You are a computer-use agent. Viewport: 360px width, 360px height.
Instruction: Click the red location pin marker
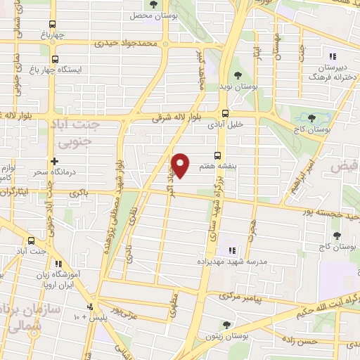click(x=181, y=165)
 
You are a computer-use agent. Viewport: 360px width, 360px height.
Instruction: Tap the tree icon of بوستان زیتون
click(x=226, y=324)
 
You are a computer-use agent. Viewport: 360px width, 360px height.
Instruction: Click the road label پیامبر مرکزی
click(x=239, y=297)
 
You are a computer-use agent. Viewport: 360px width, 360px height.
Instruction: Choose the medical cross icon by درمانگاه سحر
click(x=54, y=161)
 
